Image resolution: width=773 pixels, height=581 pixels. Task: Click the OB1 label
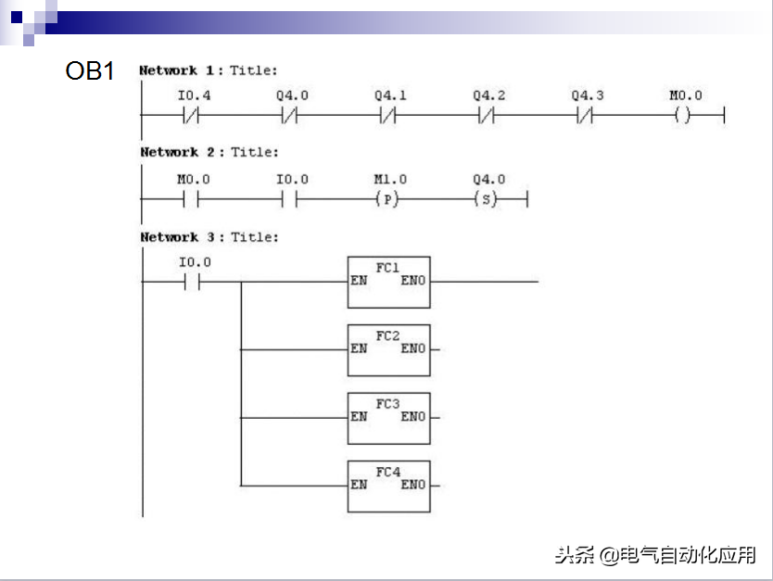coord(90,71)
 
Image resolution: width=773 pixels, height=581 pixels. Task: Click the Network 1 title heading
coord(208,70)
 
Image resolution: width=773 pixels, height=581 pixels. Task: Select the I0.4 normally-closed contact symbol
coord(193,116)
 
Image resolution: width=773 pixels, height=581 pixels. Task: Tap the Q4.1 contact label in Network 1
coord(390,95)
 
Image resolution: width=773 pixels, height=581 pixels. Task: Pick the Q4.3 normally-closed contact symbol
coord(587,116)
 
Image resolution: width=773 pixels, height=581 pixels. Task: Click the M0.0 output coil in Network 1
coord(685,116)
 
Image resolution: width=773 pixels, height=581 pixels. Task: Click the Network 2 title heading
coord(208,152)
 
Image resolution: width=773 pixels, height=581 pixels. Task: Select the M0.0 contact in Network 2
coord(193,199)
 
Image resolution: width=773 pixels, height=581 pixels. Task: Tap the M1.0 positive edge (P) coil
coord(389,199)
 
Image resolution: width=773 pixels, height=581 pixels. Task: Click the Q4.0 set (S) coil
coord(488,199)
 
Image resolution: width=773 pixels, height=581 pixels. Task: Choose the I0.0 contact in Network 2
coord(291,199)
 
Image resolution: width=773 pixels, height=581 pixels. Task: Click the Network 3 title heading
coord(209,237)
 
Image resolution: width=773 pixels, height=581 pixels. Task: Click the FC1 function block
coord(388,282)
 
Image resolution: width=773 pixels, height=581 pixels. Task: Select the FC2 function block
coord(388,349)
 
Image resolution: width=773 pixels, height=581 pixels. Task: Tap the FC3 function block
coord(388,418)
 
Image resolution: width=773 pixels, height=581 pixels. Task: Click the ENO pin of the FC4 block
coord(413,485)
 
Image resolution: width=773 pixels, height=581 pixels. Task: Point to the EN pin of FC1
coord(359,280)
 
